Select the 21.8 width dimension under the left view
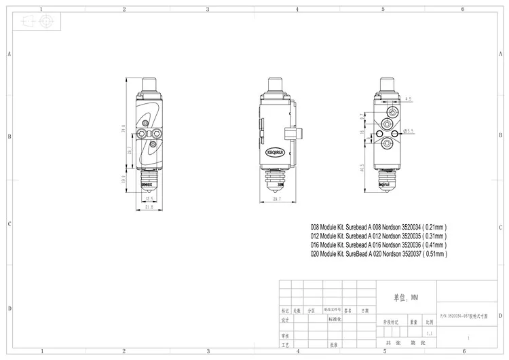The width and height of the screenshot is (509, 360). (x=149, y=207)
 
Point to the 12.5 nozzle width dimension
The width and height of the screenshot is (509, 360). (x=149, y=198)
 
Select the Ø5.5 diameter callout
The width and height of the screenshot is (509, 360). (x=412, y=129)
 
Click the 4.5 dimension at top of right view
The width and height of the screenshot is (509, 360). (x=408, y=99)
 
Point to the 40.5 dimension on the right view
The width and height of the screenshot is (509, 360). (x=362, y=167)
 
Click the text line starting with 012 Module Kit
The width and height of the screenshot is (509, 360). (x=377, y=235)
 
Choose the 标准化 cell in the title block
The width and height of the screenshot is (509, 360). (x=337, y=318)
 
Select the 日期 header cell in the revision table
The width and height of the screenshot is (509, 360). (x=365, y=309)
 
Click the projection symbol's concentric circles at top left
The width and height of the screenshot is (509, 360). (x=45, y=21)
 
